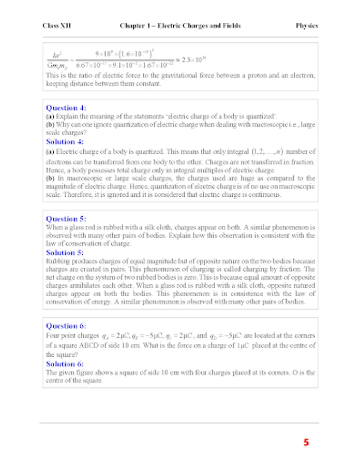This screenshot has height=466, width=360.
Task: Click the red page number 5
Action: tap(306, 443)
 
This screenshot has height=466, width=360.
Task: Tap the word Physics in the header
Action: tap(307, 25)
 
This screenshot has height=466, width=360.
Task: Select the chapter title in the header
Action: tap(180, 25)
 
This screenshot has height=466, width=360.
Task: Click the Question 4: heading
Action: tap(66, 108)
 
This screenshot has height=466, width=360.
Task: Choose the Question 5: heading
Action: tap(66, 219)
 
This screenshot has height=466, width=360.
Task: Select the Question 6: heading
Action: tap(66, 326)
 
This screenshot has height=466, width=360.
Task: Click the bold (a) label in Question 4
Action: tap(50, 117)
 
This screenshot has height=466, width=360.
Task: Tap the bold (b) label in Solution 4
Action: tap(50, 178)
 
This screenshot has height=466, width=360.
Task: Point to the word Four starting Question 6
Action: tap(54, 335)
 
